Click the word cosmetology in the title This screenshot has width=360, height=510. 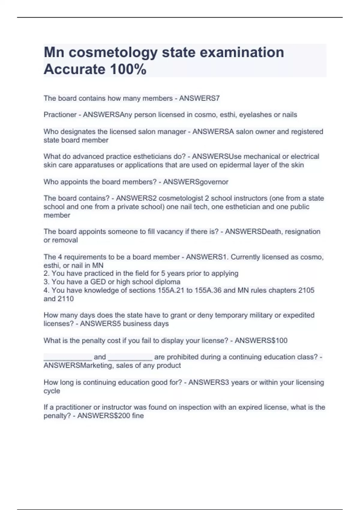point(113,52)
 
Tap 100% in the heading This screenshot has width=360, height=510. point(128,69)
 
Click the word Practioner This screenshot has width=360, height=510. point(60,115)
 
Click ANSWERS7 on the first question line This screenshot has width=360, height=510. point(199,98)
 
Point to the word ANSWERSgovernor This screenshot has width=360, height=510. point(196,182)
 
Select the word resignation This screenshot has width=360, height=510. point(302,232)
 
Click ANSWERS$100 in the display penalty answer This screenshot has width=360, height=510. point(261,340)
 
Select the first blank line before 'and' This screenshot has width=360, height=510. point(68,357)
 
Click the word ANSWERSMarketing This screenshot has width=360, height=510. point(78,365)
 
